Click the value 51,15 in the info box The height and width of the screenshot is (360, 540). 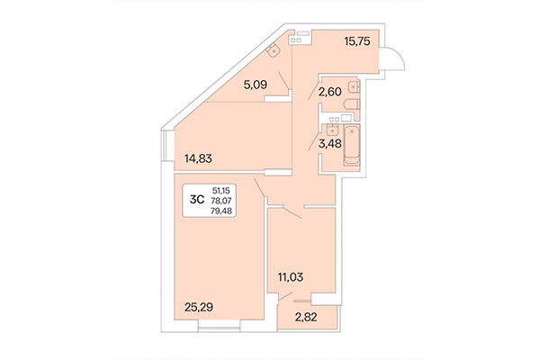220,191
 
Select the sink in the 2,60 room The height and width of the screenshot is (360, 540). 354,87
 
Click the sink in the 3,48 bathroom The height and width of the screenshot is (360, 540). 333,129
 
